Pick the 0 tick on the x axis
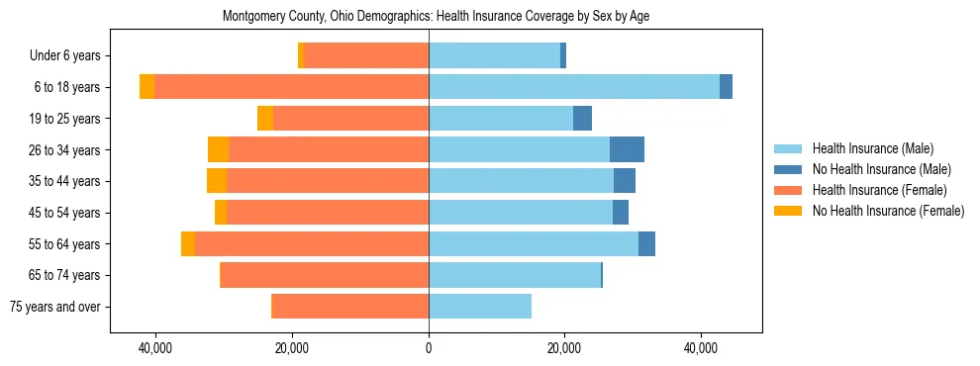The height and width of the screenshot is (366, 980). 429,348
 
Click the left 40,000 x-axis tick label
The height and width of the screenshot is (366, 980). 155,348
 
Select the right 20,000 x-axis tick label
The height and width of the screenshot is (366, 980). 564,348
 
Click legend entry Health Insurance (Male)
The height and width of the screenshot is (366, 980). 872,148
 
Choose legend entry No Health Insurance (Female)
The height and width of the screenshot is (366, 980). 888,211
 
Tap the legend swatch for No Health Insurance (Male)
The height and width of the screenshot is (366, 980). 789,169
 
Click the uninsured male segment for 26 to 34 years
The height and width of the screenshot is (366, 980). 627,149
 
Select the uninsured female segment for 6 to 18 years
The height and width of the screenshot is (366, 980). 147,87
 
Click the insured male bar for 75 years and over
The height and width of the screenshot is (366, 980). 480,307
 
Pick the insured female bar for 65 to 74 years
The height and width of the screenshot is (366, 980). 324,275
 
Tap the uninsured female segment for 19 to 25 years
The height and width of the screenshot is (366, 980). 265,119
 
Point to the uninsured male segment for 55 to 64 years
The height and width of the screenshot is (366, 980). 646,243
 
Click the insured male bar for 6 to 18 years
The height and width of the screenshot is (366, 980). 574,87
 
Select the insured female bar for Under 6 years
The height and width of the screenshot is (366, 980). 366,56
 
